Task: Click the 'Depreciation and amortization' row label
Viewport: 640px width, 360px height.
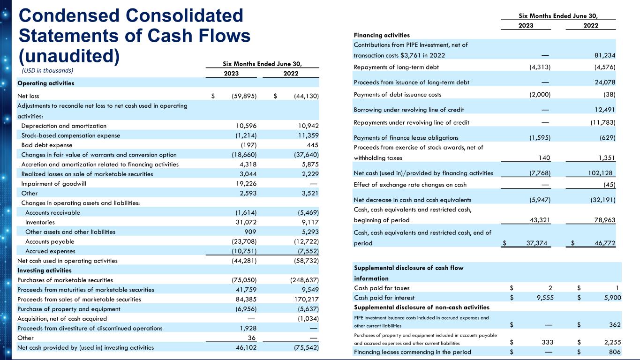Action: pyautogui.click(x=64, y=126)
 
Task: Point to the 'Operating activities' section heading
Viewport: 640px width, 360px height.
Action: pyautogui.click(x=45, y=83)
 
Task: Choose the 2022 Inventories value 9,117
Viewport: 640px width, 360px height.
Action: pyautogui.click(x=308, y=222)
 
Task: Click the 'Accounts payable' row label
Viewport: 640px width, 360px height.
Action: pyautogui.click(x=50, y=241)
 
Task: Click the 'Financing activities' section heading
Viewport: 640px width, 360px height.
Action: pyautogui.click(x=382, y=35)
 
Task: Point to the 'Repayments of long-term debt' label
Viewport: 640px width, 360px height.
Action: pyautogui.click(x=397, y=67)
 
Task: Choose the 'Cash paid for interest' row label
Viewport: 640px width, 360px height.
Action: pyautogui.click(x=384, y=298)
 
